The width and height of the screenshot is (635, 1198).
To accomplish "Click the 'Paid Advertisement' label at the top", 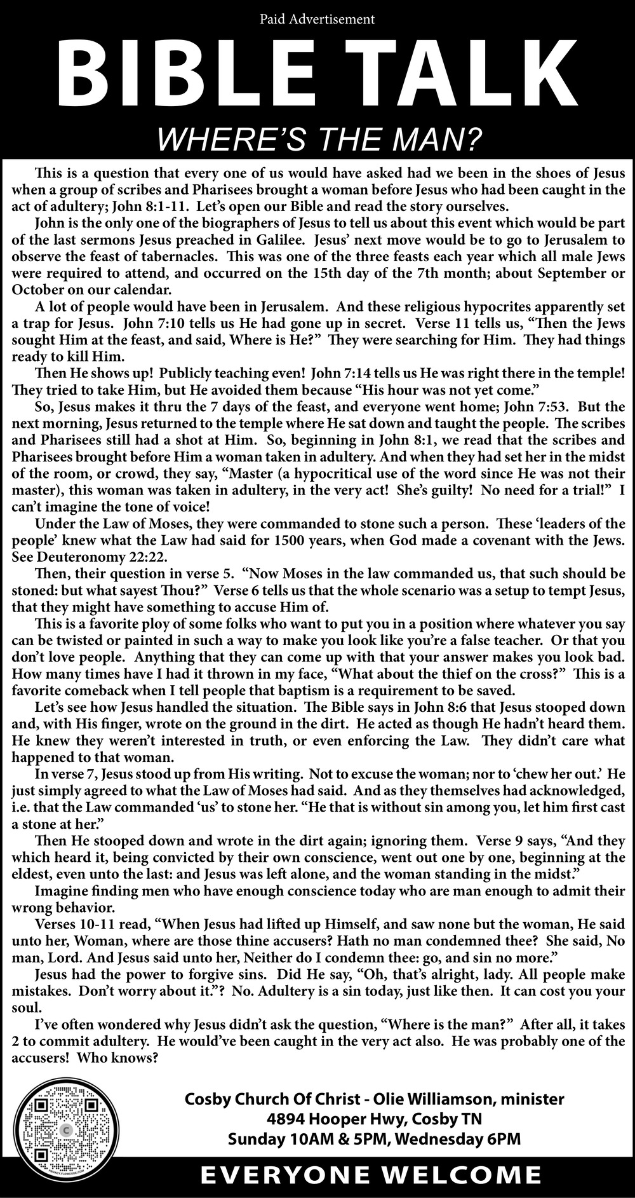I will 317,20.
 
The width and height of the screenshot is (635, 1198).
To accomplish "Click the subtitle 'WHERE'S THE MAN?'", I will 317,139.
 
